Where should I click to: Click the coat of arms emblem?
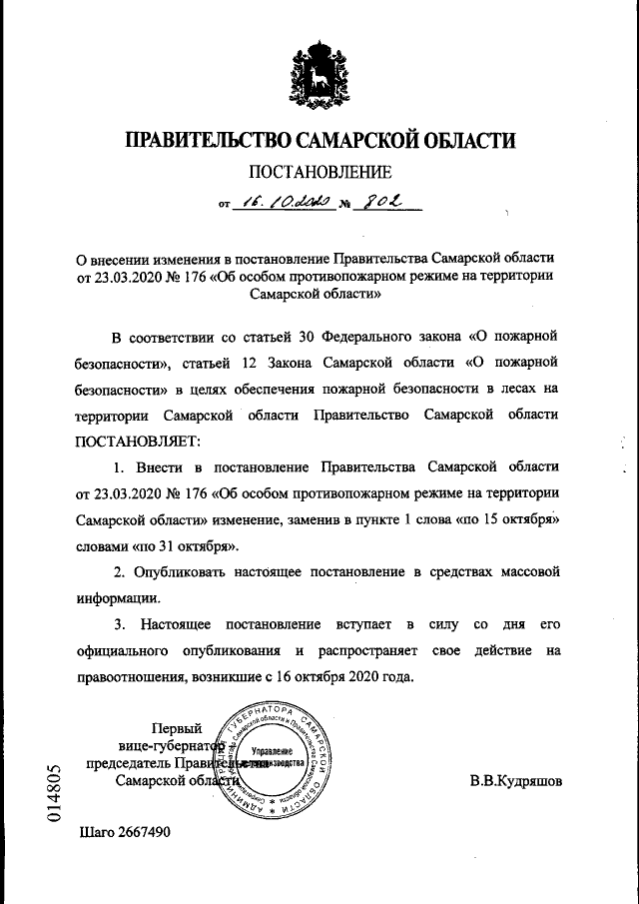pos(319,71)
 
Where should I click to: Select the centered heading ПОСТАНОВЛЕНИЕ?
pos(319,173)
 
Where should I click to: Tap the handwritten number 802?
pos(383,203)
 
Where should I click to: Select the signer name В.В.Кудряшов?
pos(515,781)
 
